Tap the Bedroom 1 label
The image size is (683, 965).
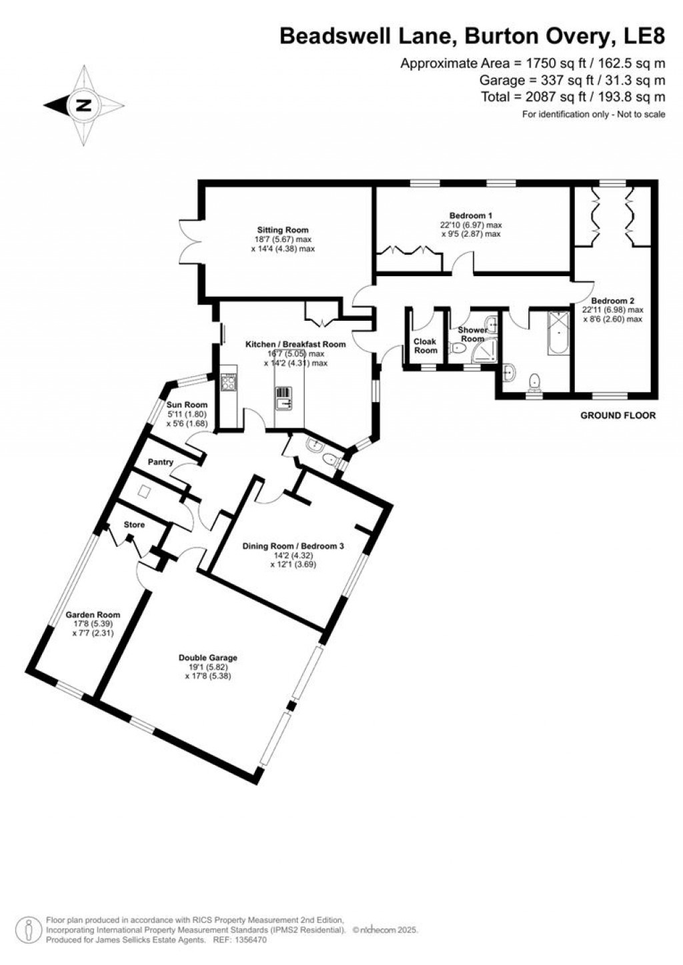470,215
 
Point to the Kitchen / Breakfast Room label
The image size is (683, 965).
295,344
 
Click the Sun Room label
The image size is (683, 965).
187,405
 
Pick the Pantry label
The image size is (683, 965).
161,462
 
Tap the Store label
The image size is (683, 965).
134,525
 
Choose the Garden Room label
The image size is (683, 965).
93,615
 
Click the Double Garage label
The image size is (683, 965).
207,658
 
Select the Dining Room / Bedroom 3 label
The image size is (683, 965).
293,546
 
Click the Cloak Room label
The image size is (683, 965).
426,345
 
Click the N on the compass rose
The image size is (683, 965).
83,105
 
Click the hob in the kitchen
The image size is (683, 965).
229,381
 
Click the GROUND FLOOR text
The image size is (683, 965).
618,415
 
